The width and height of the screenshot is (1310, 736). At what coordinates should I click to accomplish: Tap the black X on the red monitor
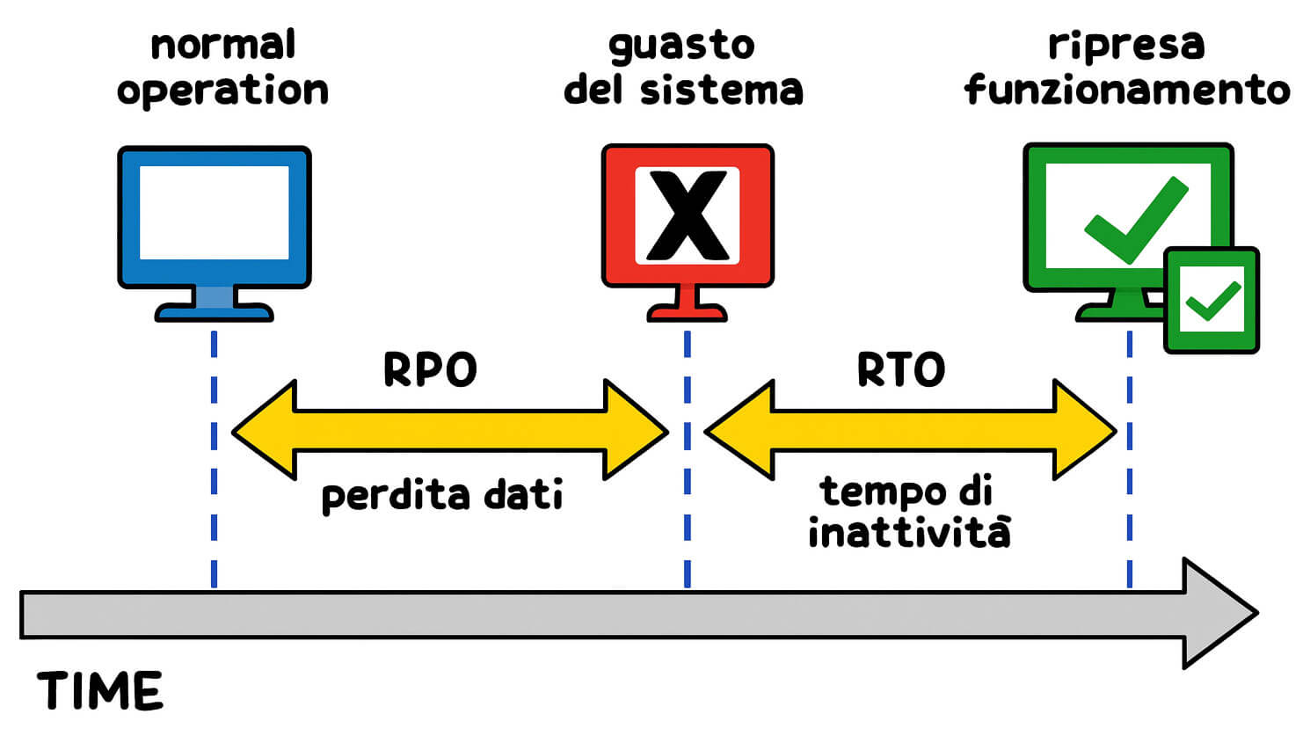687,216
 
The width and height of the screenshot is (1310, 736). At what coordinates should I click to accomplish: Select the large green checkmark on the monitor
1135,219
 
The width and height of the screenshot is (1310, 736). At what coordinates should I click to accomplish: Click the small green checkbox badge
1212,300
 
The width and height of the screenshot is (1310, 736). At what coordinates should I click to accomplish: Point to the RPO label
430,370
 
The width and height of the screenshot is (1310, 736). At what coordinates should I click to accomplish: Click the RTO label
901,370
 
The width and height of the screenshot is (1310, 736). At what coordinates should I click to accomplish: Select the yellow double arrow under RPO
449,431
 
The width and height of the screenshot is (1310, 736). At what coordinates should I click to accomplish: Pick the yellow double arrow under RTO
911,431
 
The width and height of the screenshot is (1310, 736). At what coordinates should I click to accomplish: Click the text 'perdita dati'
442,495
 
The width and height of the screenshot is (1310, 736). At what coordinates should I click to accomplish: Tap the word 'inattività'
909,533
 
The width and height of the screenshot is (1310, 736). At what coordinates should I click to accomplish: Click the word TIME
100,691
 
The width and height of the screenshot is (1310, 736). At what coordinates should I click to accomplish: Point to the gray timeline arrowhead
1218,613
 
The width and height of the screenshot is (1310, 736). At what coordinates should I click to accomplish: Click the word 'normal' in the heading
222,45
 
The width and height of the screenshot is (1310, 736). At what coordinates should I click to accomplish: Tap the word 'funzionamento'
1126,90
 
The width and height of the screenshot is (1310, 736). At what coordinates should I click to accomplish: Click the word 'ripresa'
1125,45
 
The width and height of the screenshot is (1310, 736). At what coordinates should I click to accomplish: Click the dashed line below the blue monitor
214,457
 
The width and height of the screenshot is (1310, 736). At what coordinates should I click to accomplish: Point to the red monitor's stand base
687,312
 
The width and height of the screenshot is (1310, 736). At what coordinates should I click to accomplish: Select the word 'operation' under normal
222,91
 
